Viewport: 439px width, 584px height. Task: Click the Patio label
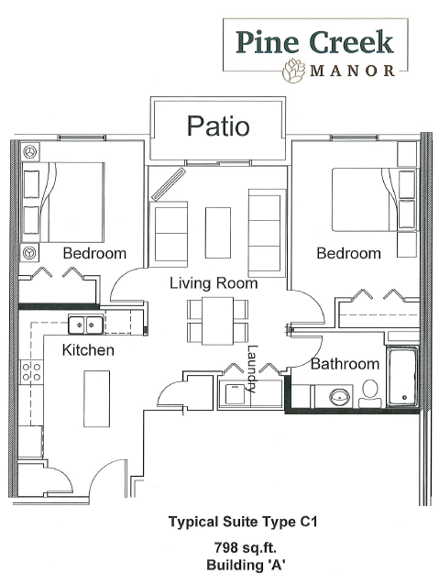pyautogui.click(x=218, y=126)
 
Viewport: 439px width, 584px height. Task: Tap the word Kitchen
pyautogui.click(x=88, y=350)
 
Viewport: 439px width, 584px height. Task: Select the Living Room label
pyautogui.click(x=214, y=283)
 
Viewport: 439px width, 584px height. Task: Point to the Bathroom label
pyautogui.click(x=345, y=363)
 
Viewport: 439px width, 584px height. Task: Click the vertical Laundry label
pyautogui.click(x=252, y=369)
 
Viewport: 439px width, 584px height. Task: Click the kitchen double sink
pyautogui.click(x=85, y=325)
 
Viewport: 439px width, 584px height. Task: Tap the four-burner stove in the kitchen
pyautogui.click(x=31, y=372)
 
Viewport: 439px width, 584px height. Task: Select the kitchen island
pyautogui.click(x=96, y=399)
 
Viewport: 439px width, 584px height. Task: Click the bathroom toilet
pyautogui.click(x=369, y=393)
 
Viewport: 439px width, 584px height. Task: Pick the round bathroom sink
pyautogui.click(x=340, y=397)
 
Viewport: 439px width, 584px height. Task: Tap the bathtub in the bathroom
pyautogui.click(x=402, y=377)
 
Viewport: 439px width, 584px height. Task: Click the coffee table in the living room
pyautogui.click(x=218, y=233)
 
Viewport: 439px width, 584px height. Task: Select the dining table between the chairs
pyautogui.click(x=218, y=321)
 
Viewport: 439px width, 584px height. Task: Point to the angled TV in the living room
pyautogui.click(x=169, y=185)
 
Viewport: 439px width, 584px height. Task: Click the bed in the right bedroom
pyautogui.click(x=374, y=200)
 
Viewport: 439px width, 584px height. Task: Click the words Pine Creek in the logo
pyautogui.click(x=314, y=42)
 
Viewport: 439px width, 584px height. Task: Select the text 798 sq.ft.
pyautogui.click(x=246, y=547)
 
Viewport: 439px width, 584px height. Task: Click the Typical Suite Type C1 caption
pyautogui.click(x=243, y=523)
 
